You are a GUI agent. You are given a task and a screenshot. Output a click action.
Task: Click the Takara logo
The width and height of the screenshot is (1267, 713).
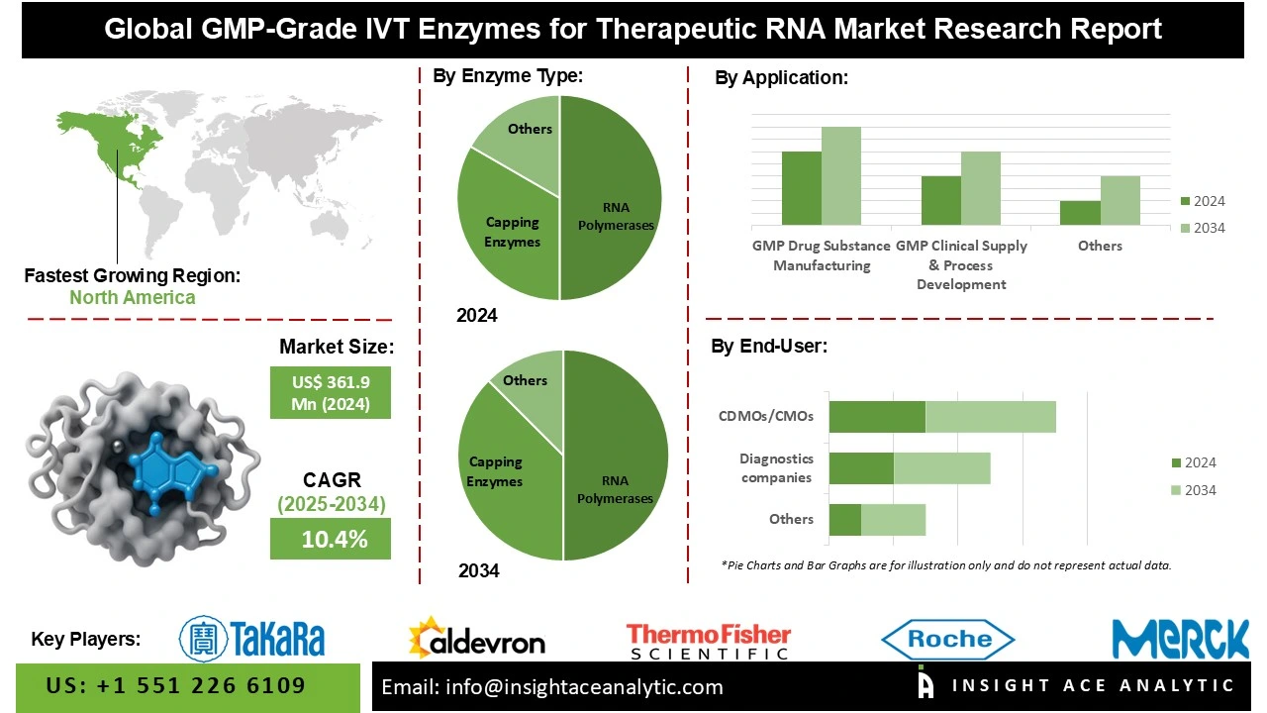[x=252, y=638]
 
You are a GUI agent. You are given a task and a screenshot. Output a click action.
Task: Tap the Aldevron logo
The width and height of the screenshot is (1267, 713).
[x=476, y=639]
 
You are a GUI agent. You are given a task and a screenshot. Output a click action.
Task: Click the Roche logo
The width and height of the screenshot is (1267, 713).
[x=947, y=639]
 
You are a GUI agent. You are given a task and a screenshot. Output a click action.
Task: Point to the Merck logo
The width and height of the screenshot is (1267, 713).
[x=1180, y=639]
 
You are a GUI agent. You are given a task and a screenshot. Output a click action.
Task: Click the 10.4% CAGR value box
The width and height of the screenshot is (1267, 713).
[x=330, y=540]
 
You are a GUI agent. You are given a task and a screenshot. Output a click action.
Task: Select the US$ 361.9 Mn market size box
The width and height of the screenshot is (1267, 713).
[x=330, y=393]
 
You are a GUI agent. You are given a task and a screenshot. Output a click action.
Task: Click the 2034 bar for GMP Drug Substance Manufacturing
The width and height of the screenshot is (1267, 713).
[x=841, y=175]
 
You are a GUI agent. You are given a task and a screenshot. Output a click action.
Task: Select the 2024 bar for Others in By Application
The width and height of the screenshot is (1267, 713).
[x=1080, y=213]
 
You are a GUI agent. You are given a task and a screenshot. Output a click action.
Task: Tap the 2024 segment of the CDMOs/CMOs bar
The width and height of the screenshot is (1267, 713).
[x=877, y=417]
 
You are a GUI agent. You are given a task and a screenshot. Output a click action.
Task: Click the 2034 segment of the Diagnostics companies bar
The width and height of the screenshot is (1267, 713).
[x=941, y=468]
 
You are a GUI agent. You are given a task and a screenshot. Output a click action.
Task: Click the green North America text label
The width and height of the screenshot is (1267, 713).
[x=132, y=297]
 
